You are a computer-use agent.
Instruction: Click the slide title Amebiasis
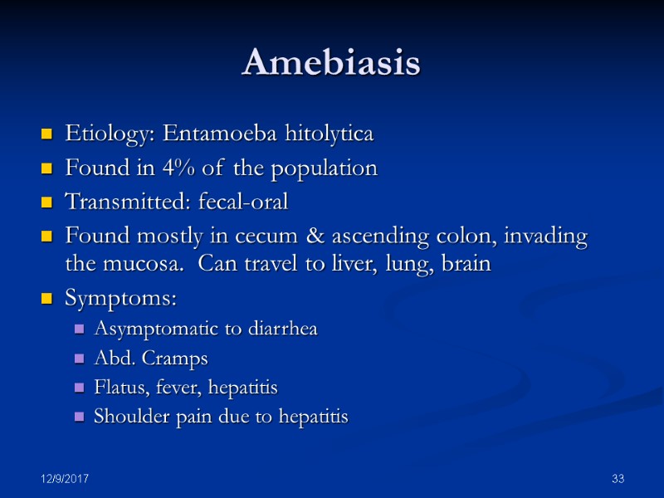(331, 64)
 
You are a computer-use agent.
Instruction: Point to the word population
(330, 169)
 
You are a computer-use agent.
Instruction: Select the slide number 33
(617, 480)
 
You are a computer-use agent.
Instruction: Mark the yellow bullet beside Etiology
(46, 134)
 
